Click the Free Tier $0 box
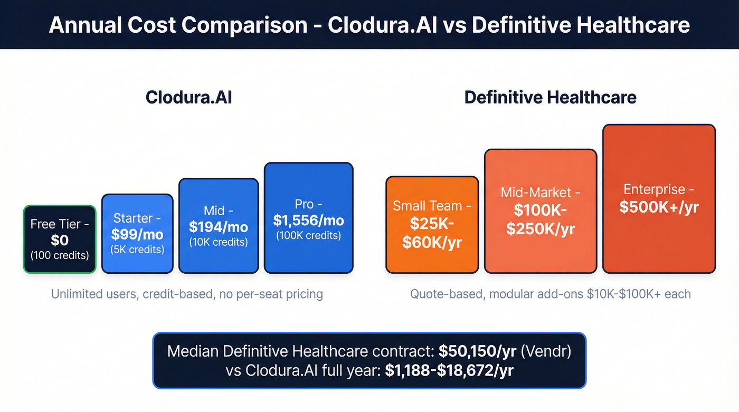tap(60, 239)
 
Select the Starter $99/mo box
tap(137, 234)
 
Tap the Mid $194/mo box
tap(219, 226)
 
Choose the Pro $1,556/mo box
tap(308, 218)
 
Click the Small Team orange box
tap(432, 225)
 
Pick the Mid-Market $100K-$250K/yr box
tap(540, 211)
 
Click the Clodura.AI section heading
tap(188, 98)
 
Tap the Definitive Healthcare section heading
tap(550, 98)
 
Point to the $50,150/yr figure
tap(477, 351)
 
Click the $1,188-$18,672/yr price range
tap(449, 370)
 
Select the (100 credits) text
tap(60, 255)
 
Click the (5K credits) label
tap(137, 249)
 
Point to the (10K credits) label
tap(219, 242)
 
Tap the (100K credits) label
tap(308, 235)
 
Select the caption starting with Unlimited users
tap(187, 294)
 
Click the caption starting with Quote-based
tap(550, 294)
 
